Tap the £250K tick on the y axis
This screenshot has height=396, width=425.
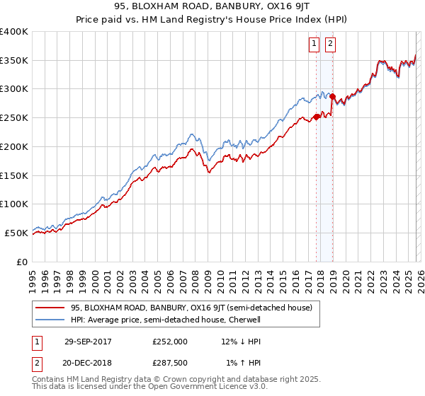click(14, 118)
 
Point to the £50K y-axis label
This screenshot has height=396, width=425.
click(16, 233)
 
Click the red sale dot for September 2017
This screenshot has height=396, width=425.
click(317, 117)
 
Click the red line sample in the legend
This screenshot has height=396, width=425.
click(51, 307)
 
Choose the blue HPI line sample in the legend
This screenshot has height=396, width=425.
click(51, 319)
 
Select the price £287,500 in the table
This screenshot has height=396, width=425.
click(170, 363)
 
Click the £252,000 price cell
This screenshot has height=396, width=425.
click(170, 341)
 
